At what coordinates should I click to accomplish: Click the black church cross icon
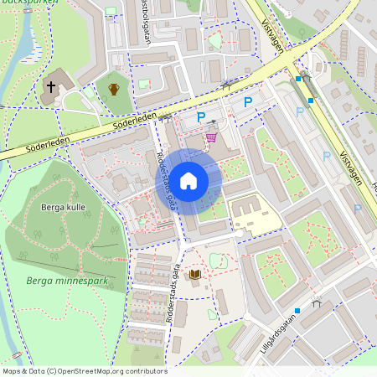[x=50, y=86]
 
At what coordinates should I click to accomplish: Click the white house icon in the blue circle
[x=188, y=180]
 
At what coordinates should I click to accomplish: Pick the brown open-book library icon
[x=195, y=274]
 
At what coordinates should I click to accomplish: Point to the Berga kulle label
[x=64, y=207]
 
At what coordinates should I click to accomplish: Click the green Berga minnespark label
[x=66, y=281]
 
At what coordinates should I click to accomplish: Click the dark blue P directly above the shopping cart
[x=199, y=118]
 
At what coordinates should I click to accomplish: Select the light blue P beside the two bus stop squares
[x=299, y=111]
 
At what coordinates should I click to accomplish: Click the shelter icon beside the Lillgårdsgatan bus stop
[x=315, y=301]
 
